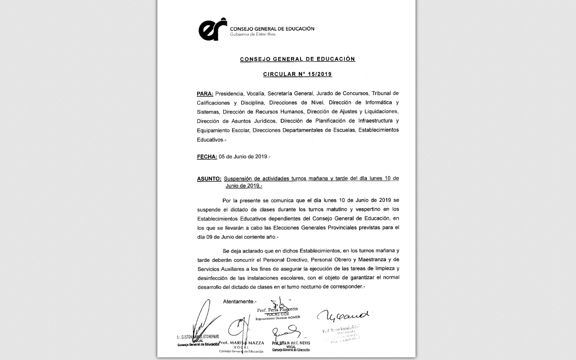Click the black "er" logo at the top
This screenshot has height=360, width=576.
click(212, 30)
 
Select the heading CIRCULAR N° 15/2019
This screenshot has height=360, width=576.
click(297, 74)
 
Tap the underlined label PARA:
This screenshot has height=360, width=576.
click(205, 94)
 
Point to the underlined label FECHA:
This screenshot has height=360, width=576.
click(206, 157)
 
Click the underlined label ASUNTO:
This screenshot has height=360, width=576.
click(209, 179)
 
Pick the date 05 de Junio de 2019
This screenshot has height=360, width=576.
click(244, 157)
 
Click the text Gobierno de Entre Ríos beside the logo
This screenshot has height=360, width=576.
click(252, 34)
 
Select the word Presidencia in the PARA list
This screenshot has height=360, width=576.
click(229, 94)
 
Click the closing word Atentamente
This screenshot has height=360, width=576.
click(239, 302)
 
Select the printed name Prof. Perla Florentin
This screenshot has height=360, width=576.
click(278, 310)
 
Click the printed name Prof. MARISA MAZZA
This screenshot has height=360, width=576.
click(241, 343)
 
